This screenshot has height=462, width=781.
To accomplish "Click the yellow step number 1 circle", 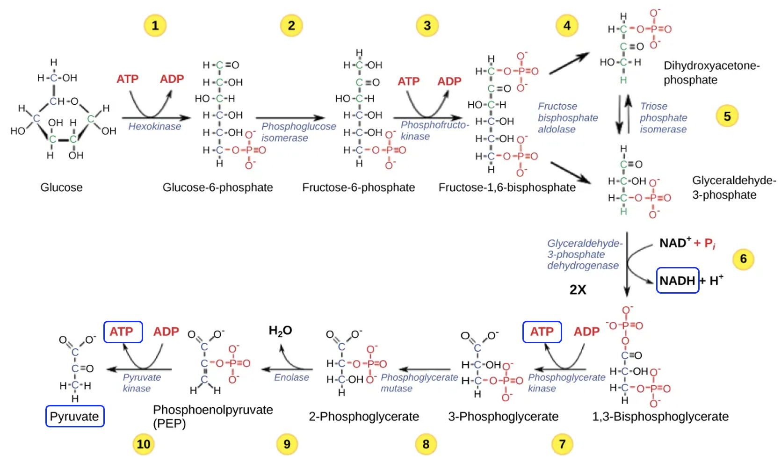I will coord(155,25).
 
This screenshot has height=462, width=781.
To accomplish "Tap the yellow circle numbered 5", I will coord(727,116).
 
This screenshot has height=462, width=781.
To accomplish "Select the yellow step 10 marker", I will coord(144,444).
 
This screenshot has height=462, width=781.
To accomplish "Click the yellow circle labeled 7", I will coord(562,444).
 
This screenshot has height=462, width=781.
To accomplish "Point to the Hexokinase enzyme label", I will coord(154,126).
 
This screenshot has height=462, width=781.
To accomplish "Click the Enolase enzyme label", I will coord(291,377).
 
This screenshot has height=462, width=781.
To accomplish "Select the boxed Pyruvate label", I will coord(74,416).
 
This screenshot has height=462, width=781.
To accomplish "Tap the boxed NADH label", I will coord(677,281).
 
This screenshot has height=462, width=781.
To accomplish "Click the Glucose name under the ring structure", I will coord(61,188).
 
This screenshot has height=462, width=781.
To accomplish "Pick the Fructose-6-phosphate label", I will coord(358,188).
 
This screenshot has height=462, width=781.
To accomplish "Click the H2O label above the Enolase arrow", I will coord(280,331).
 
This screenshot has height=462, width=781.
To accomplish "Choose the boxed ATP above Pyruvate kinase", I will coord(123,332).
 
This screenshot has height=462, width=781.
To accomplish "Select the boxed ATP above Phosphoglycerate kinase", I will coord(542,332).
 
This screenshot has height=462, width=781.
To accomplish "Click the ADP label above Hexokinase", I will coord(172,79).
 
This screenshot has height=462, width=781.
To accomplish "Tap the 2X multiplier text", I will coord(578,290).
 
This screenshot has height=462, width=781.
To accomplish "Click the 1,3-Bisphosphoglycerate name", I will coord(660,417).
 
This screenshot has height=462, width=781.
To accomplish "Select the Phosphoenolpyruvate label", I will coord(213,410).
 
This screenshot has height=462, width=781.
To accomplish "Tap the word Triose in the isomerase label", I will coord(653,106).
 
